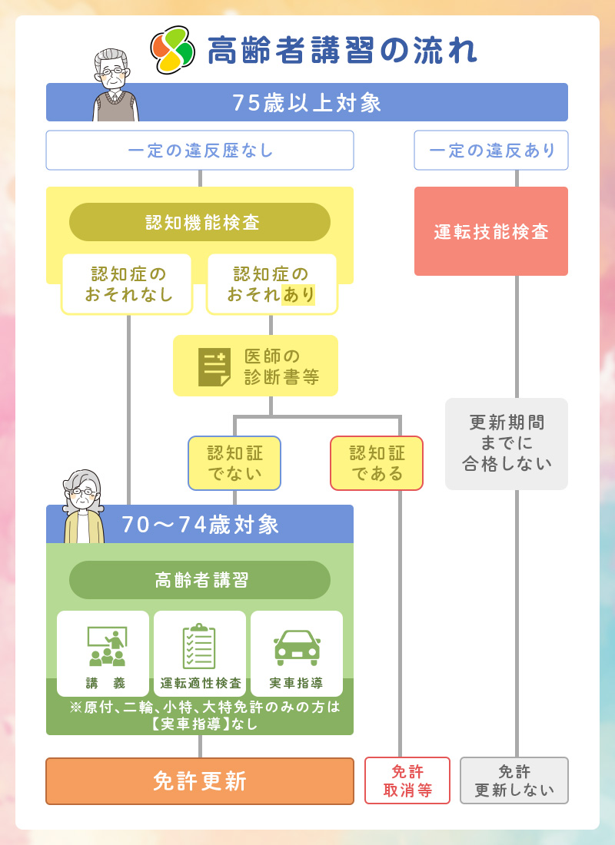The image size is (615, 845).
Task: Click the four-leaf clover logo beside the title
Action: (x=172, y=50)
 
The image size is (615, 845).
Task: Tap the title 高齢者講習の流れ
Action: (x=342, y=51)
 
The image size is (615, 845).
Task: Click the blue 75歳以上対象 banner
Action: (x=307, y=102)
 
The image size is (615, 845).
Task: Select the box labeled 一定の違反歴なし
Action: (x=200, y=150)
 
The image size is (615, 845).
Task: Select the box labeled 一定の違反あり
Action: (x=491, y=150)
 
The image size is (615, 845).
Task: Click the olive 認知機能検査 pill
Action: (x=200, y=222)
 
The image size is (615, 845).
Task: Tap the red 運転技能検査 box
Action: (x=491, y=231)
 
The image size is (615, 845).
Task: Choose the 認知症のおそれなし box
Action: (x=127, y=284)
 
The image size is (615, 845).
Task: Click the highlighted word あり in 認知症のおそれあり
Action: (x=298, y=294)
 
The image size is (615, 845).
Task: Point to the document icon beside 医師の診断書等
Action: (x=214, y=366)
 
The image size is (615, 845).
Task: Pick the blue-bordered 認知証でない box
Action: (x=234, y=463)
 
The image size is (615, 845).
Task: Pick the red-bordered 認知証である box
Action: (x=377, y=463)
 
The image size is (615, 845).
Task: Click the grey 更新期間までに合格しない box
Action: (x=507, y=444)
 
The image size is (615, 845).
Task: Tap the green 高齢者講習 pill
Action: (x=200, y=580)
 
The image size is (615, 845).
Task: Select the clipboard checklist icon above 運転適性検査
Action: (x=199, y=646)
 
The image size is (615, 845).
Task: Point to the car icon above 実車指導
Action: (x=297, y=646)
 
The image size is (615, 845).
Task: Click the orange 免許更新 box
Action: (x=200, y=781)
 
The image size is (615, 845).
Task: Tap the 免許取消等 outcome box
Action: (x=407, y=780)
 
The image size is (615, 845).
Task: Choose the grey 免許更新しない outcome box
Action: (x=514, y=780)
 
